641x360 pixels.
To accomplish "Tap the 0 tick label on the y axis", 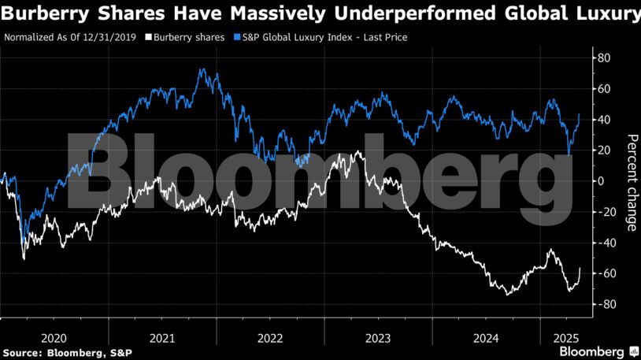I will click(602, 180).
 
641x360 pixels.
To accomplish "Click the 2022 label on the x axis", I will click(269, 337).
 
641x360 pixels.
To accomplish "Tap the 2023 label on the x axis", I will click(377, 337).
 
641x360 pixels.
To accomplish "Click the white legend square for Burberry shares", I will click(149, 37).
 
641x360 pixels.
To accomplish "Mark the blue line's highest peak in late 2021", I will click(202, 69).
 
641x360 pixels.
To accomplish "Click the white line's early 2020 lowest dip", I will click(24, 258).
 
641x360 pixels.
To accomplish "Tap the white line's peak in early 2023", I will click(358, 151).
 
